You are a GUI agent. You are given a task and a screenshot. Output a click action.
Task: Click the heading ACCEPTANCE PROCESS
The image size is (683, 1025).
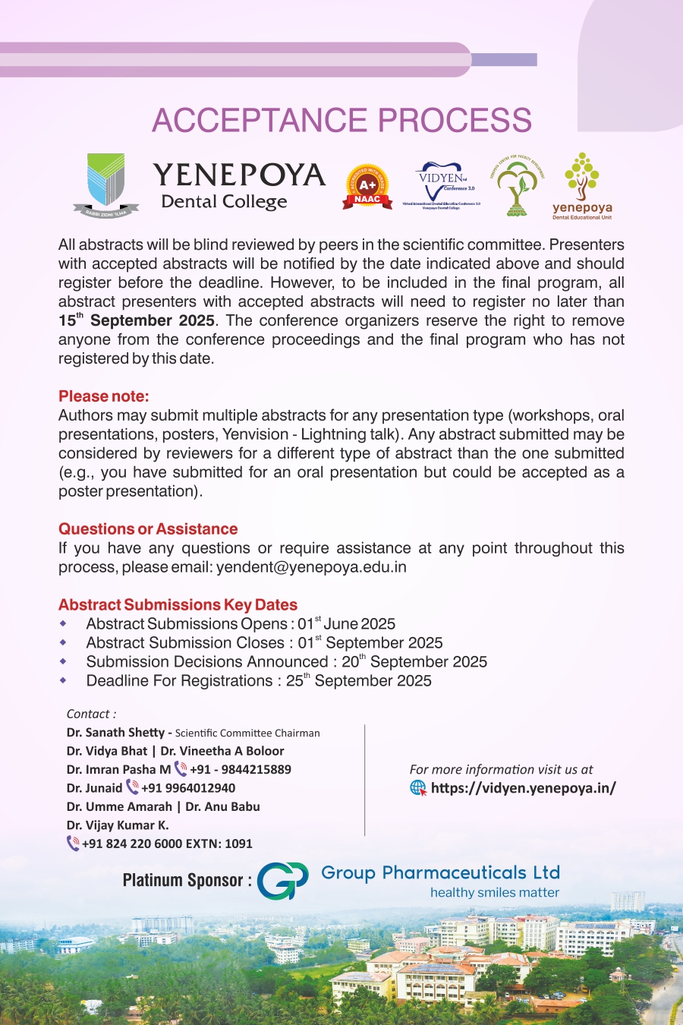tap(341, 121)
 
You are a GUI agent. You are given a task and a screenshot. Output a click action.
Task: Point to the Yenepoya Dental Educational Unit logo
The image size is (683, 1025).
tap(582, 186)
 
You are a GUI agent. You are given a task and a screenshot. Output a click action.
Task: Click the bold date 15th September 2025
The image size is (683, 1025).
tap(137, 320)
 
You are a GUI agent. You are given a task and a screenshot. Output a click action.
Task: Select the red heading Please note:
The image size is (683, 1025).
tap(104, 396)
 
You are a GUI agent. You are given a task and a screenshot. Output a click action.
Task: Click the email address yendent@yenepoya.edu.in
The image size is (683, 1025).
tap(311, 567)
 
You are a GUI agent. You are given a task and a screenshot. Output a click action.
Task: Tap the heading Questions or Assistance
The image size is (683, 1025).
tap(148, 529)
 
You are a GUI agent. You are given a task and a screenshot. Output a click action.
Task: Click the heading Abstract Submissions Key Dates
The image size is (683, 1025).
tap(178, 605)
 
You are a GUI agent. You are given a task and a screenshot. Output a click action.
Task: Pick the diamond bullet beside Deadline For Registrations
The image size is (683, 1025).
tap(63, 680)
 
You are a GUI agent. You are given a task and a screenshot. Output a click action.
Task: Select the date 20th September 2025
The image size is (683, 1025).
tap(414, 662)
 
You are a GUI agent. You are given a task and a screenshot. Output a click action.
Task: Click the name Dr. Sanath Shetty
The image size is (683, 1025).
tap(115, 733)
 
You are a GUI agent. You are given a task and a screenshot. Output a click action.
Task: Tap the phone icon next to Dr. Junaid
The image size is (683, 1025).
tap(132, 787)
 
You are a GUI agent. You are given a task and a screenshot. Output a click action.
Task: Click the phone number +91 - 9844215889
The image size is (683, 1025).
tap(241, 769)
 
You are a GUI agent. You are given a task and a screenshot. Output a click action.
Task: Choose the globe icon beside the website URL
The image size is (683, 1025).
tap(418, 788)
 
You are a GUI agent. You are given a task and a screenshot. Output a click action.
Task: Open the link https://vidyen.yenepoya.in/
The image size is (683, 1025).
tap(524, 788)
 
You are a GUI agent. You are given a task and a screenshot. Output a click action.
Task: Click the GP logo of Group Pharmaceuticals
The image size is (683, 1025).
tap(282, 881)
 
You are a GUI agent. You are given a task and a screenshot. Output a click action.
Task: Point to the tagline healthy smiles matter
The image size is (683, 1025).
tap(495, 893)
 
